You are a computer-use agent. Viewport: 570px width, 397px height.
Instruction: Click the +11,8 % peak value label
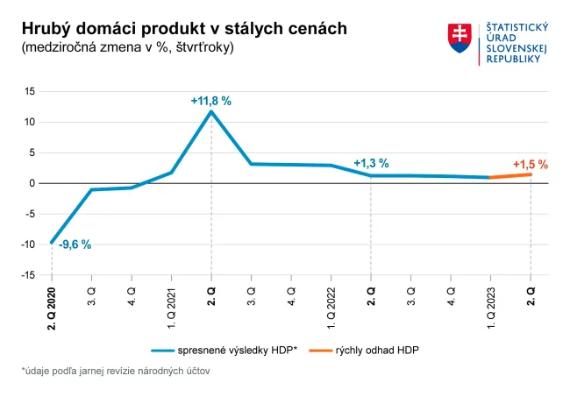click(210, 101)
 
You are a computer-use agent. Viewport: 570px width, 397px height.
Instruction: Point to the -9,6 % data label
click(75, 245)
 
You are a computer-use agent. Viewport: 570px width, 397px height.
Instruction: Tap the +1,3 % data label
click(370, 163)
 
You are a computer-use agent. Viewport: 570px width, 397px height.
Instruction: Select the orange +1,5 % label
click(530, 164)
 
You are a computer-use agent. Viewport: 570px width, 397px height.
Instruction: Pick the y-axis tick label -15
click(28, 275)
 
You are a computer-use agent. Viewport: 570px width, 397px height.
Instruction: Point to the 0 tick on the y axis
click(32, 183)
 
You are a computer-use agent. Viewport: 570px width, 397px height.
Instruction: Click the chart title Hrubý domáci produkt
click(184, 29)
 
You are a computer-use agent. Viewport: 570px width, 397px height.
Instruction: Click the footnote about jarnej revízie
click(116, 372)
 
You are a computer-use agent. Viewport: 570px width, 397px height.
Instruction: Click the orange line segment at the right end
click(510, 176)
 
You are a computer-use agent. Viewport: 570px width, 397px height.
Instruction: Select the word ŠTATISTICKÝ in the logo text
click(517, 30)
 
